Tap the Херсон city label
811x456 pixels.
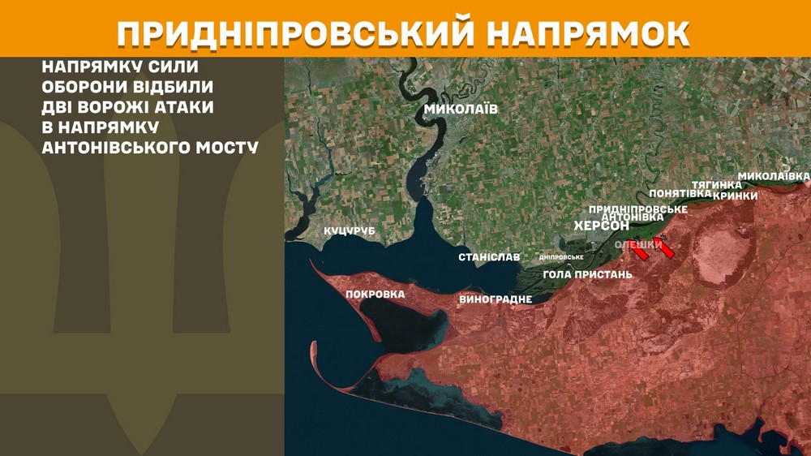[601, 226]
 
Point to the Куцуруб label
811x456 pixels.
[350, 231]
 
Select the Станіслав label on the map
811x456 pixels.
[489, 257]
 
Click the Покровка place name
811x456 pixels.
[375, 294]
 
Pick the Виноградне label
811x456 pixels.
[496, 299]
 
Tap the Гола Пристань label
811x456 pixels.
[587, 274]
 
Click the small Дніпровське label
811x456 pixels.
[561, 257]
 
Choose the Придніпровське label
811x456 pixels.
[638, 209]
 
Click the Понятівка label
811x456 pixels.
[680, 193]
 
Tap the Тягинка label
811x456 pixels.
[716, 185]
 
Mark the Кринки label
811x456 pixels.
[736, 196]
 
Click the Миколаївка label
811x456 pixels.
[774, 175]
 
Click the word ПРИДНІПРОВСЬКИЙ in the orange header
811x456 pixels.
[294, 32]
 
